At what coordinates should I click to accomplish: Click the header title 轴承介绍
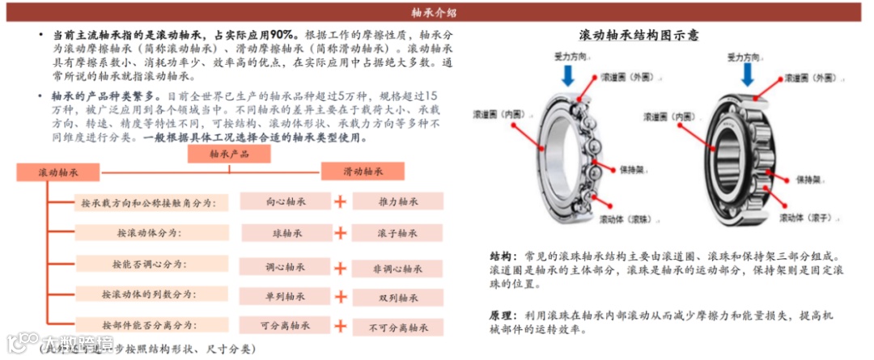434,12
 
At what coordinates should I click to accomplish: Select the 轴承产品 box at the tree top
229,154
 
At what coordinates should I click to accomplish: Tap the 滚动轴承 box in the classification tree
57,172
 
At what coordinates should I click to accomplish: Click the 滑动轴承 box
363,172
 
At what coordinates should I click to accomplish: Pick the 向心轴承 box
285,201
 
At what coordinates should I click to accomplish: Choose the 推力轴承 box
397,201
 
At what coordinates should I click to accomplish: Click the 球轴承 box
285,233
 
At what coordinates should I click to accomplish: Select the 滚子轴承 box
397,233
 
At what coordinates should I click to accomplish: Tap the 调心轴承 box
285,266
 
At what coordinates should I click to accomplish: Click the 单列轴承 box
285,296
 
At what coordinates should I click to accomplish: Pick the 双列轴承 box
397,298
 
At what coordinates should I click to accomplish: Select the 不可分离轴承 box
397,328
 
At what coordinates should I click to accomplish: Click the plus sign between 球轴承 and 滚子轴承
341,233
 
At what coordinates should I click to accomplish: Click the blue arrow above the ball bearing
569,75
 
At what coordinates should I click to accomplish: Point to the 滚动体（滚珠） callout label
626,218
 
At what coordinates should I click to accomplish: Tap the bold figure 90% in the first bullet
282,35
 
